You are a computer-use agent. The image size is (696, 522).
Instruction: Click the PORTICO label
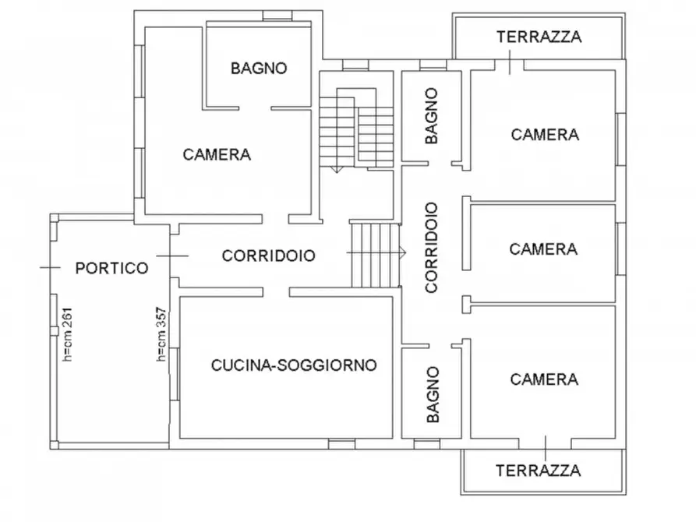coord(111,268)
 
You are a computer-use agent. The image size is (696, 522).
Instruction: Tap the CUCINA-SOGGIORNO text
coord(294,365)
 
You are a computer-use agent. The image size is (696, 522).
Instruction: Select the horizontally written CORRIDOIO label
coord(268,255)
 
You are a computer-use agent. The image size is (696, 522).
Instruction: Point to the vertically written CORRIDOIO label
coord(431,247)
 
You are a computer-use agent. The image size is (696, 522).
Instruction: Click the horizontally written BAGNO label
coord(259,68)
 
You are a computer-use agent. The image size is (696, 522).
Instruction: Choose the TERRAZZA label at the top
coord(539,36)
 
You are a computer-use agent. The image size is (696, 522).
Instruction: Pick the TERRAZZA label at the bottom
coord(538,471)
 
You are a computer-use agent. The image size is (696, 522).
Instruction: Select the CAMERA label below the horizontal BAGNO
coord(217,154)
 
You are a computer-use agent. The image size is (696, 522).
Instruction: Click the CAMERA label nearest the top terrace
coord(545,135)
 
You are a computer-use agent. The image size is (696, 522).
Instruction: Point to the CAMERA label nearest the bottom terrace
coord(544,379)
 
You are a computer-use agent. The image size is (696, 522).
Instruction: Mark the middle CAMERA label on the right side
coord(543,249)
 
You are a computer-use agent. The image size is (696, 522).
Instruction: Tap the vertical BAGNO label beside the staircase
coord(432,115)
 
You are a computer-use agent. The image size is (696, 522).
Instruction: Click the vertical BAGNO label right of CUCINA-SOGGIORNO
coord(433,394)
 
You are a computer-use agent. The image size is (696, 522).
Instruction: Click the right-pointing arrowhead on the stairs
coord(402,252)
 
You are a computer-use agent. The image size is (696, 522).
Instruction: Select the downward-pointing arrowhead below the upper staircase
coord(336,169)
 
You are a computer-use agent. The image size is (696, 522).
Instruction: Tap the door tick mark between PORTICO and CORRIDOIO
coord(171,255)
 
